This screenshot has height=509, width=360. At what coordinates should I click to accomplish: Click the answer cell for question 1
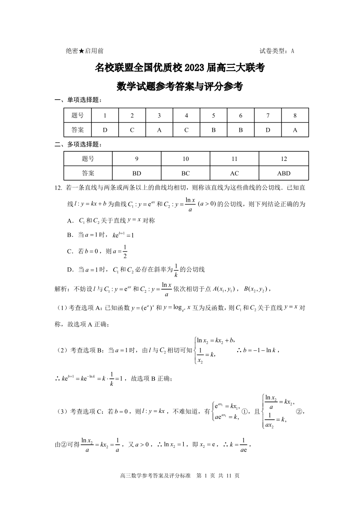tap(105, 130)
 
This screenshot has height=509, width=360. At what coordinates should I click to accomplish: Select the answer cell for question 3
tap(159, 130)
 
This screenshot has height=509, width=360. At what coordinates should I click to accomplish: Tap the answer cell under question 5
tap(214, 130)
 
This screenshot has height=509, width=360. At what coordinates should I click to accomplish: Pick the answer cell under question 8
tap(295, 130)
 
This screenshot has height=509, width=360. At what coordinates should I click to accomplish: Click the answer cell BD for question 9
tap(136, 173)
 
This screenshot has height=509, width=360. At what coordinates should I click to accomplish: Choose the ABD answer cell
tap(283, 173)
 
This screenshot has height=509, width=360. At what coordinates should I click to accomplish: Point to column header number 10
tap(185, 159)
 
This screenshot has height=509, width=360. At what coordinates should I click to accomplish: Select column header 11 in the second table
tap(234, 159)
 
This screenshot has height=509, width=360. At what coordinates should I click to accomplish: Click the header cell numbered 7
tap(268, 116)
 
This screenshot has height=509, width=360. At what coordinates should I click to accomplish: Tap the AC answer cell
tap(234, 173)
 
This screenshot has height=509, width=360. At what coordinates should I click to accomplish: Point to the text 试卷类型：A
tap(277, 51)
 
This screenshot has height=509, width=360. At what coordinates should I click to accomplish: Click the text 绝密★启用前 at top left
tap(84, 51)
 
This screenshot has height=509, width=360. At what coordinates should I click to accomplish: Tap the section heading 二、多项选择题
tap(78, 145)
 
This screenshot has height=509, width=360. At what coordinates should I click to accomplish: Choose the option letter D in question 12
tap(70, 270)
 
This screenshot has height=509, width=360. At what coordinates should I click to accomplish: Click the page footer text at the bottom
tap(180, 476)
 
